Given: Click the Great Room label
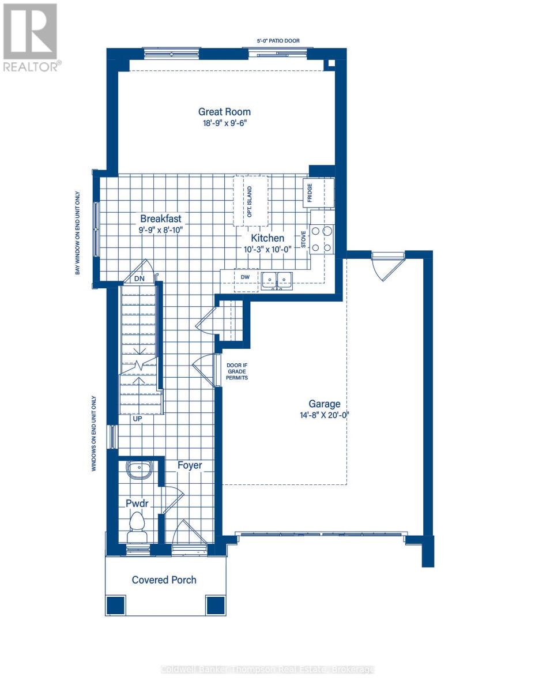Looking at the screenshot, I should click(x=224, y=112).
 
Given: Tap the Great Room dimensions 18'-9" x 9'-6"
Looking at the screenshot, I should click(x=224, y=123).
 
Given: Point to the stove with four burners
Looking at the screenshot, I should click(x=321, y=239).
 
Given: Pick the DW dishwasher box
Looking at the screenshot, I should click(x=245, y=277).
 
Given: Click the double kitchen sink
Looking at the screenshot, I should click(x=277, y=280).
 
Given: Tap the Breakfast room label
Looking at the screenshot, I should click(x=161, y=219).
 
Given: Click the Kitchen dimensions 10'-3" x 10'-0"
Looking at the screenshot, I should click(x=267, y=249).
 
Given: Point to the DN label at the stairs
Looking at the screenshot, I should click(x=140, y=278).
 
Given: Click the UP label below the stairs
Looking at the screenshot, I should click(x=137, y=419).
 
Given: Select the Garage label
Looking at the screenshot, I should click(x=323, y=404).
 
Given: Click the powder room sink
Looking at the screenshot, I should click(x=139, y=469).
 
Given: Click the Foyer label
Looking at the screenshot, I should click(x=189, y=465).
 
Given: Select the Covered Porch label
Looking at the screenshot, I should click(x=164, y=580).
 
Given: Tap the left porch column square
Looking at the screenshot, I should click(x=115, y=605).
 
